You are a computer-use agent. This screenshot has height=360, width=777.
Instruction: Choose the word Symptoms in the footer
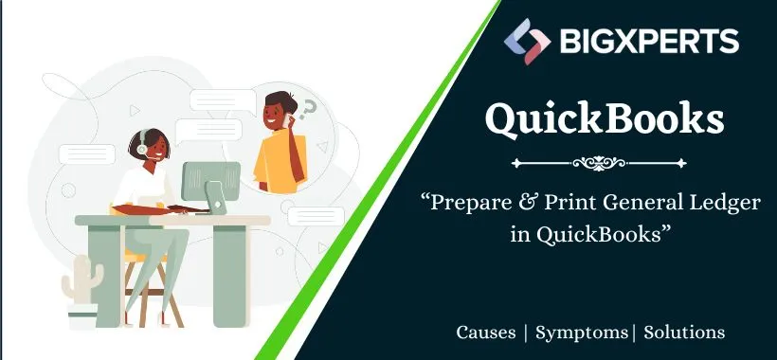582,333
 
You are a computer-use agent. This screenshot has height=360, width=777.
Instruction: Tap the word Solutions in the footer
684,333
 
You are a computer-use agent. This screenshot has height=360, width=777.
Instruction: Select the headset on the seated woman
141,147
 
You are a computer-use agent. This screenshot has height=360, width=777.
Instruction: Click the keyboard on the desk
185,209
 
